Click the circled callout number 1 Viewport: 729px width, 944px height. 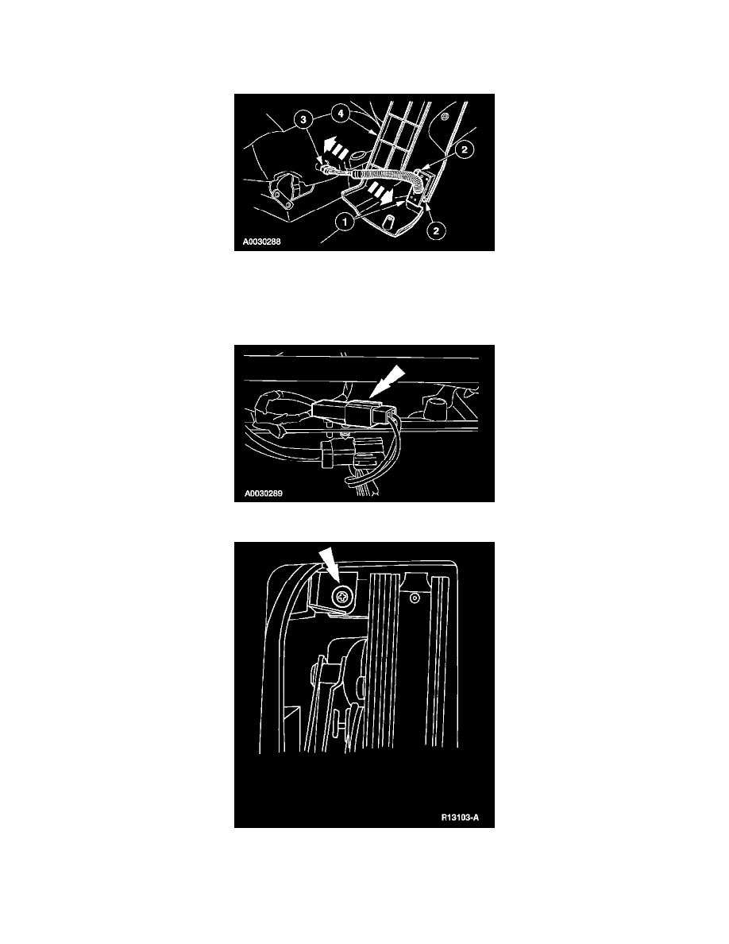coord(345,222)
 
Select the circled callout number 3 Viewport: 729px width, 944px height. coord(303,119)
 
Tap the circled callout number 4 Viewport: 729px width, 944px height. coord(341,113)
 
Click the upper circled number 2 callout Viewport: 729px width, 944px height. coord(465,149)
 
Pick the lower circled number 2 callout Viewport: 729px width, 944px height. coord(436,230)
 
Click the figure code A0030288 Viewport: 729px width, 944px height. coord(261,242)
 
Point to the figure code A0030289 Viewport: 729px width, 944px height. coord(263,493)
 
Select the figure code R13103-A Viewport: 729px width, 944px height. coord(460,818)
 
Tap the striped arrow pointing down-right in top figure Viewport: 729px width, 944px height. coord(381,192)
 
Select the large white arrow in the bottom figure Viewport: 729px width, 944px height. coord(328,567)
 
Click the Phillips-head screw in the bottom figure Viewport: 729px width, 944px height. coord(342,598)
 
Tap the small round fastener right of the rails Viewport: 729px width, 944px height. coord(415,598)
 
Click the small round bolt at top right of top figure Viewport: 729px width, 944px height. coord(445,116)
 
